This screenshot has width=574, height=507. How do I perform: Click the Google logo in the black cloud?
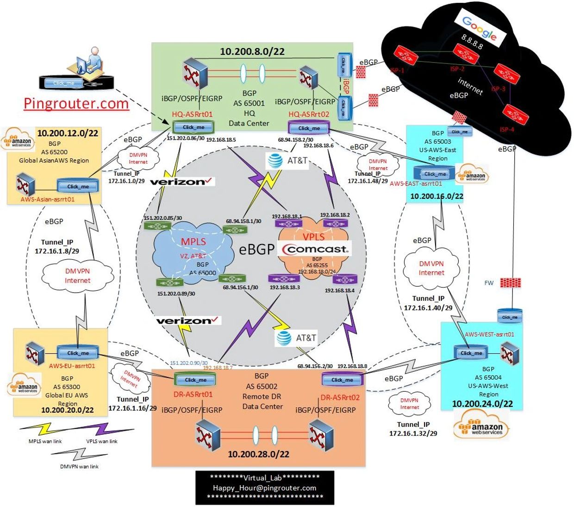pyautogui.click(x=479, y=27)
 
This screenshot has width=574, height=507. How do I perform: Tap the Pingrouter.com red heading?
pyautogui.click(x=76, y=103)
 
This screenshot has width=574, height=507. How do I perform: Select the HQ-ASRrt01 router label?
pyautogui.click(x=192, y=114)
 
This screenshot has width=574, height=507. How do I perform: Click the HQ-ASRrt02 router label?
pyautogui.click(x=309, y=114)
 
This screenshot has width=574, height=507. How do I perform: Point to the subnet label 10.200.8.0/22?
pyautogui.click(x=252, y=51)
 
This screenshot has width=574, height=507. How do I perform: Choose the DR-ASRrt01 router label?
pyautogui.click(x=193, y=394)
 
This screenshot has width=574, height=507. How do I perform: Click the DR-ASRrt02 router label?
pyautogui.click(x=340, y=397)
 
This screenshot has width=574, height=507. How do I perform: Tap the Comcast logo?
pyautogui.click(x=315, y=249)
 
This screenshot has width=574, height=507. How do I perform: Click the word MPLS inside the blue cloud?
pyautogui.click(x=193, y=242)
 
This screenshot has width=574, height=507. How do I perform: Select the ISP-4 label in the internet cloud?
pyautogui.click(x=507, y=129)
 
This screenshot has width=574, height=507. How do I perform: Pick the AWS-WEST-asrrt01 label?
pyautogui.click(x=489, y=334)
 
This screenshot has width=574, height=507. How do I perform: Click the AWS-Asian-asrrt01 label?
pyautogui.click(x=48, y=200)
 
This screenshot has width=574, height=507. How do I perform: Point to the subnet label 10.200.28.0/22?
pyautogui.click(x=258, y=454)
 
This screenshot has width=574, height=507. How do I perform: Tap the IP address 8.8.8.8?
pyautogui.click(x=472, y=42)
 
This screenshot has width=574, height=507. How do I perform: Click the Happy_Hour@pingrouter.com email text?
pyautogui.click(x=264, y=488)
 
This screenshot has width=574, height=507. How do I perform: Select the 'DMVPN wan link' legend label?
pyautogui.click(x=79, y=467)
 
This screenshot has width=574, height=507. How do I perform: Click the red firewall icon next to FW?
pyautogui.click(x=510, y=282)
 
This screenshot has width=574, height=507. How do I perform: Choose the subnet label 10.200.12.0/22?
pyautogui.click(x=68, y=133)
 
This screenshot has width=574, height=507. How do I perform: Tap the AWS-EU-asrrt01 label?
pyautogui.click(x=72, y=366)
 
